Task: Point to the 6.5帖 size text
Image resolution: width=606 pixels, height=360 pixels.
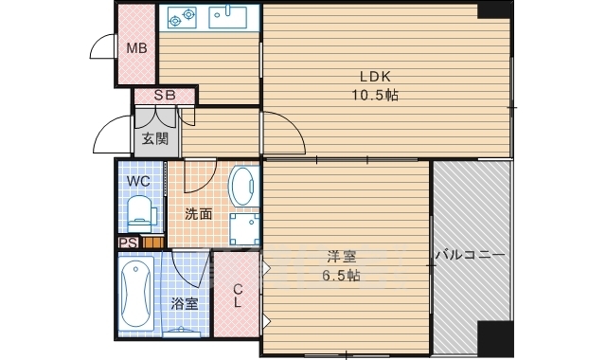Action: [341, 276]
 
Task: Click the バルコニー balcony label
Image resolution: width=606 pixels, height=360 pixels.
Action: [471, 256]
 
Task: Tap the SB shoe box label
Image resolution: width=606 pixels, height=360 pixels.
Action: [165, 95]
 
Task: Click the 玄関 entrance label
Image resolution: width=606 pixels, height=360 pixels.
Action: [155, 138]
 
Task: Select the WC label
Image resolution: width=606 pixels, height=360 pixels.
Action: [137, 179]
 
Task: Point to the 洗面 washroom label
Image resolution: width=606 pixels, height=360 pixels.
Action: [197, 213]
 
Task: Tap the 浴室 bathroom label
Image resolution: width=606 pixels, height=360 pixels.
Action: [185, 303]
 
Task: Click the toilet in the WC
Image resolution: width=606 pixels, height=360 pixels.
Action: [139, 212]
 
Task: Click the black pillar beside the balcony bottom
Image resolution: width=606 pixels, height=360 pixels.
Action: [493, 336]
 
